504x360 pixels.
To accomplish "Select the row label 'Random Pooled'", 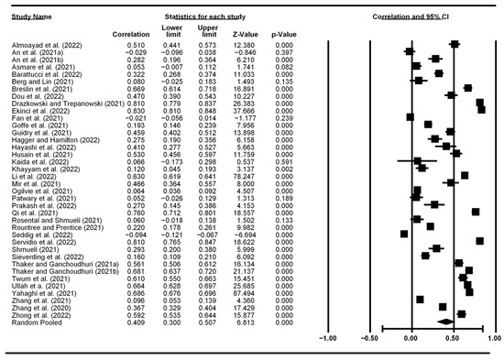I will (x=32, y=322).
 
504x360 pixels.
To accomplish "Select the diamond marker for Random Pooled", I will (x=444, y=322).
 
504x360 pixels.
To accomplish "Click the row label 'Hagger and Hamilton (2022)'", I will (x=48, y=139).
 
